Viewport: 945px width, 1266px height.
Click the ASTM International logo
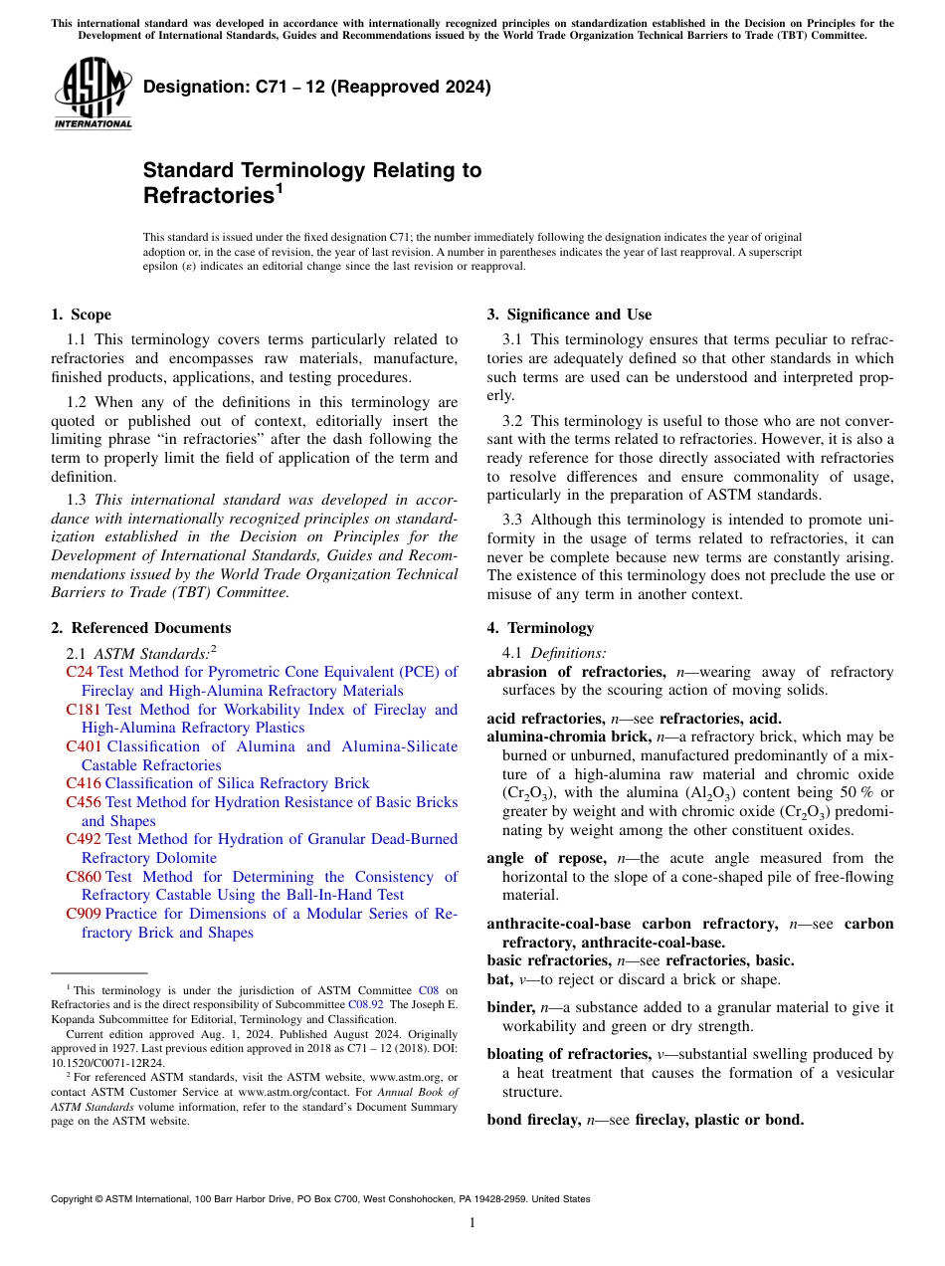pyautogui.click(x=93, y=96)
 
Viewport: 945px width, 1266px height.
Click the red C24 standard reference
pyautogui.click(x=79, y=672)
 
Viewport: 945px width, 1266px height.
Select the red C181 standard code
pyautogui.click(x=83, y=710)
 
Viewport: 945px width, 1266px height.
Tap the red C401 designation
pyautogui.click(x=83, y=746)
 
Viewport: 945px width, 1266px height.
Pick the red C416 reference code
pyautogui.click(x=83, y=783)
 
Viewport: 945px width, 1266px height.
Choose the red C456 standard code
pyautogui.click(x=83, y=802)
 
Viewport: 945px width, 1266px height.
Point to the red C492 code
pyautogui.click(x=83, y=839)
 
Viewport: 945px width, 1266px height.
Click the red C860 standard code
pyautogui.click(x=83, y=877)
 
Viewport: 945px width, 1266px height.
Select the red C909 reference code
pyautogui.click(x=83, y=914)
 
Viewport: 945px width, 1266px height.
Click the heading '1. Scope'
pyautogui.click(x=81, y=315)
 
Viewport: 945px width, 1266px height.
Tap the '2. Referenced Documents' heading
pyautogui.click(x=140, y=628)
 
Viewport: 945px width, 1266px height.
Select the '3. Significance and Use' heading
pyautogui.click(x=569, y=315)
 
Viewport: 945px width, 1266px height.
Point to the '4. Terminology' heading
pyautogui.click(x=540, y=628)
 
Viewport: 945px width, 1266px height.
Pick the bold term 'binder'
pyautogui.click(x=510, y=1007)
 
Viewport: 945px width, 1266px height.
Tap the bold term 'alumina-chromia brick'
pyautogui.click(x=569, y=737)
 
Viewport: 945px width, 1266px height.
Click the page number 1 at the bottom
pyautogui.click(x=472, y=1222)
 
